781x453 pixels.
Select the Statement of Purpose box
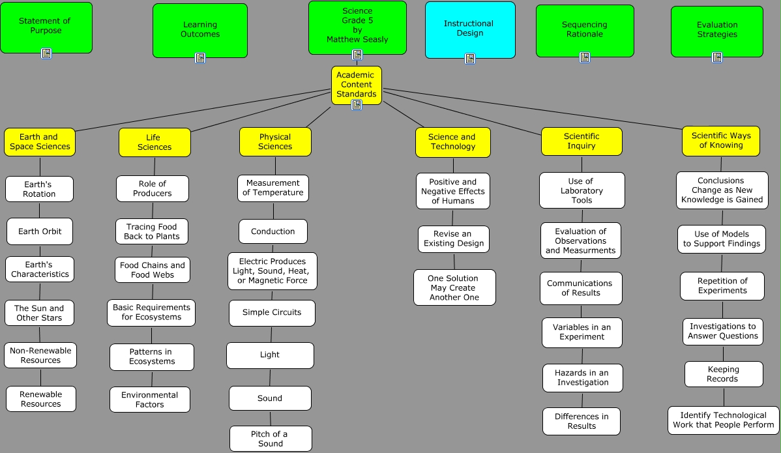pos(46,27)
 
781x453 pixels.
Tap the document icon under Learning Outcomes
pos(200,58)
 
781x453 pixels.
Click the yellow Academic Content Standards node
pos(356,85)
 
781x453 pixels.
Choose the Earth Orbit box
pos(40,231)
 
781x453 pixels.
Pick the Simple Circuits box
pos(272,313)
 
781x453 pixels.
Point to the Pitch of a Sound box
pos(270,439)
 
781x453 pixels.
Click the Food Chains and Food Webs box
pos(153,270)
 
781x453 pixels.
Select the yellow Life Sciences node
pos(155,142)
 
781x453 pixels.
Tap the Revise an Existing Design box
pos(454,239)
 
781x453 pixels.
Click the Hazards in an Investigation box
pos(582,378)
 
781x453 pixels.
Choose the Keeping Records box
pos(723,374)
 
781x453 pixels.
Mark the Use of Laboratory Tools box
pos(582,190)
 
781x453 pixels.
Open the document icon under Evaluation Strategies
pos(717,57)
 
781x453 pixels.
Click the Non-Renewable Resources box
pos(40,355)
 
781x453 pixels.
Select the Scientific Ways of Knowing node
pos(721,141)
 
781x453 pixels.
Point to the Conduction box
pos(273,231)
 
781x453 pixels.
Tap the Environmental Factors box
pos(150,400)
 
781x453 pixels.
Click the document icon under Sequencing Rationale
pos(585,57)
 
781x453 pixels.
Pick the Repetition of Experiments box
pos(722,286)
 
